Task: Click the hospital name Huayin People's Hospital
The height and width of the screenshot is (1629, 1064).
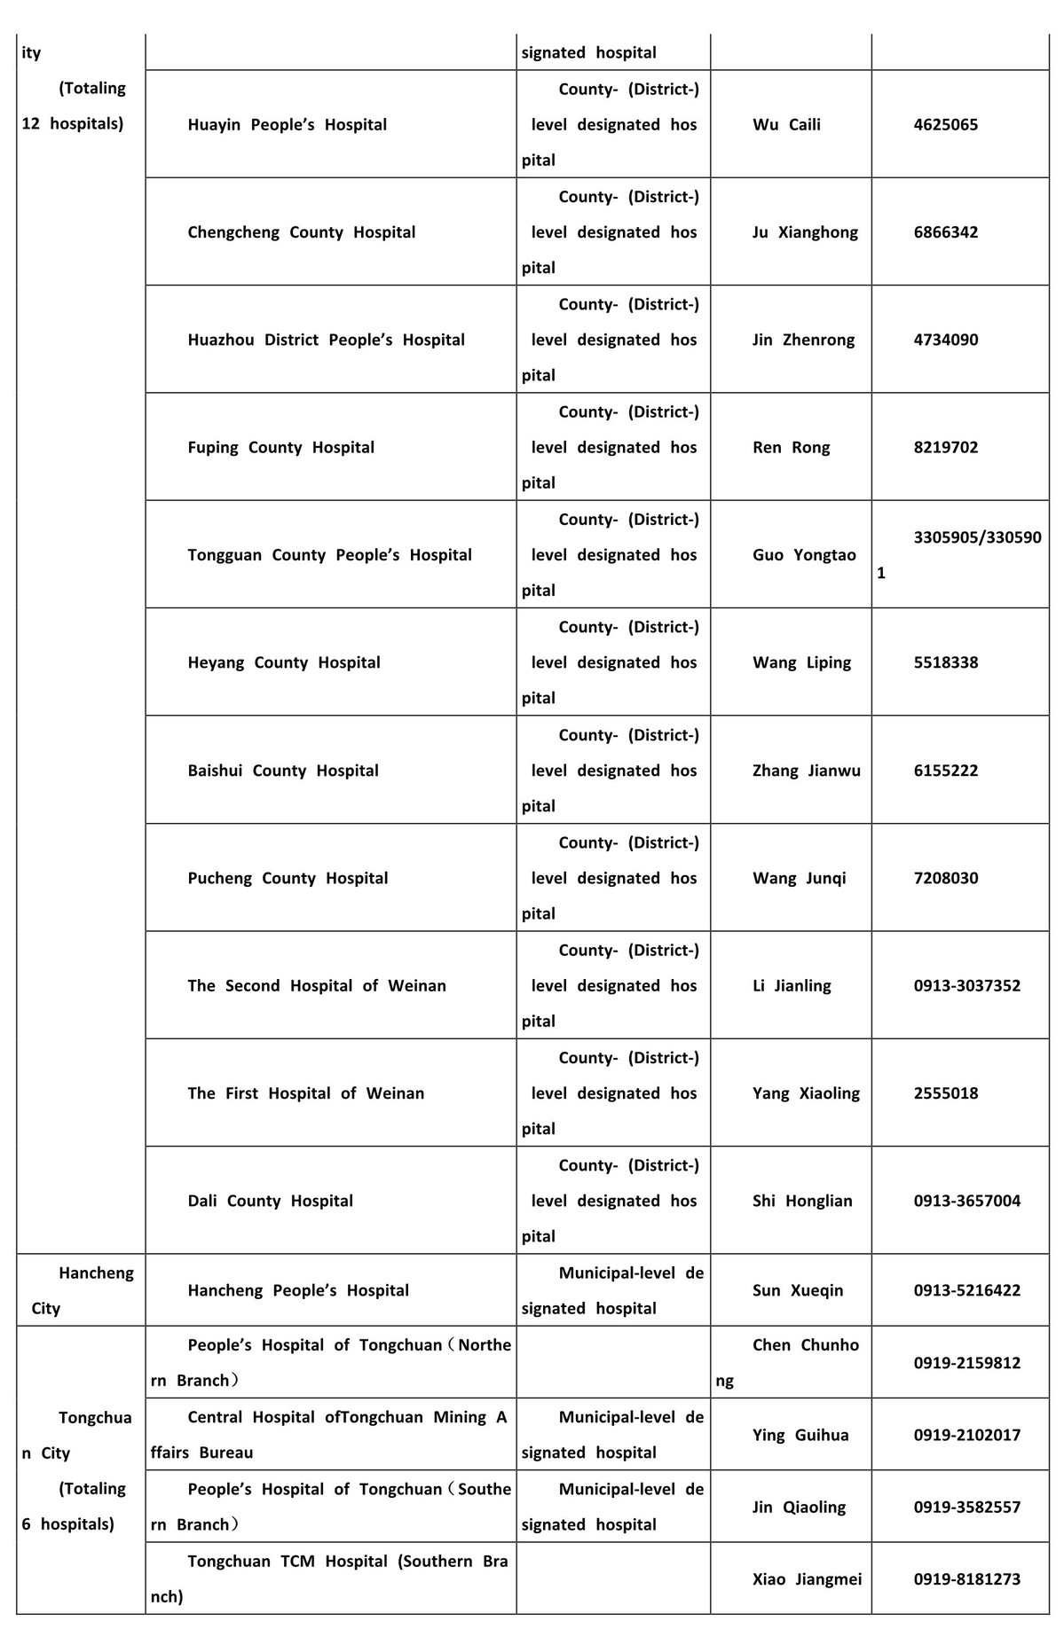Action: point(287,125)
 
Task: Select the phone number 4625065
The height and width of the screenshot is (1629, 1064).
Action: point(945,125)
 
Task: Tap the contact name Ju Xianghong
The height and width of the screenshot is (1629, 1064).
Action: point(805,232)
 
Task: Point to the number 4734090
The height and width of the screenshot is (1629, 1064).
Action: point(945,340)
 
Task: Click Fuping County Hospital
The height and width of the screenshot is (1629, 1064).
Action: point(280,448)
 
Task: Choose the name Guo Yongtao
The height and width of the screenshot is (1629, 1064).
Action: point(804,555)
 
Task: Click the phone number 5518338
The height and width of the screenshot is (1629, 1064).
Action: point(945,662)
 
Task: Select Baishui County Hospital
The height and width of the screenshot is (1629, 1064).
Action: point(282,771)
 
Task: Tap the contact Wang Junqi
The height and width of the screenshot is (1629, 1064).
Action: point(799,878)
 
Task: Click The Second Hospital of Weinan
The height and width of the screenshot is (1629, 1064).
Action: point(316,986)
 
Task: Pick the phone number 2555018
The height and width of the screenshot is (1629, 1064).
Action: point(945,1093)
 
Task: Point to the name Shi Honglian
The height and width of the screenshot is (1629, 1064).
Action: point(802,1201)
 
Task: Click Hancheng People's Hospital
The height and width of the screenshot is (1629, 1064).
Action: point(297,1290)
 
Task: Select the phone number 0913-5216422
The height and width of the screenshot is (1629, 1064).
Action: point(966,1290)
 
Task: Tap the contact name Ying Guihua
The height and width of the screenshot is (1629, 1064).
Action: point(800,1435)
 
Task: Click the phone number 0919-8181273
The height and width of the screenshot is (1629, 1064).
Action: point(966,1578)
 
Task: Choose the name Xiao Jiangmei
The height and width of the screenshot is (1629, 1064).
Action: point(807,1578)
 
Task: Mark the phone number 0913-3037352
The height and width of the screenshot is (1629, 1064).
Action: point(966,986)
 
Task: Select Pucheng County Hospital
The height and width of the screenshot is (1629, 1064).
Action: point(288,878)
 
